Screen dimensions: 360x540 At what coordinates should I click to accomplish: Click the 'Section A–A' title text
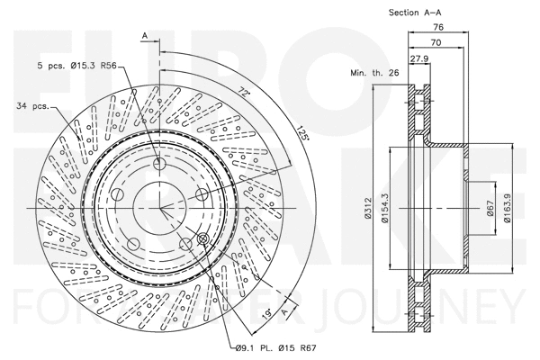(415, 13)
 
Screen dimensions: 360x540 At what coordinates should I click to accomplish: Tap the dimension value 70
(435, 42)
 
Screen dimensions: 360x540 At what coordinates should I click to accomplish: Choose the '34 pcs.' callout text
(33, 108)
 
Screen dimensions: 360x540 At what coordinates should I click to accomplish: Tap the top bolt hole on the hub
(161, 164)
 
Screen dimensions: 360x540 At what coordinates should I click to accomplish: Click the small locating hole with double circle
(202, 238)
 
